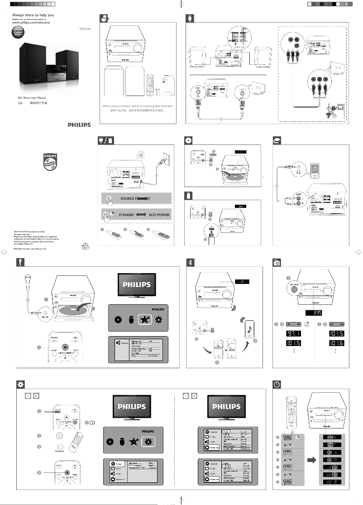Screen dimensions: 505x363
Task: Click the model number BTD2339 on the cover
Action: pos(85,27)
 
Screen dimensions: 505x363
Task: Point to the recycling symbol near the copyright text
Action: pos(86,246)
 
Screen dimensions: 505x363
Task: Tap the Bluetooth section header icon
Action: pos(191,262)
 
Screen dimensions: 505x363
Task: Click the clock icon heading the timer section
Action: pos(277,384)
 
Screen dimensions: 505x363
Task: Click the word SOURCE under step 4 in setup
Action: pos(59,451)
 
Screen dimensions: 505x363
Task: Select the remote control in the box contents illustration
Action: pos(150,83)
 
